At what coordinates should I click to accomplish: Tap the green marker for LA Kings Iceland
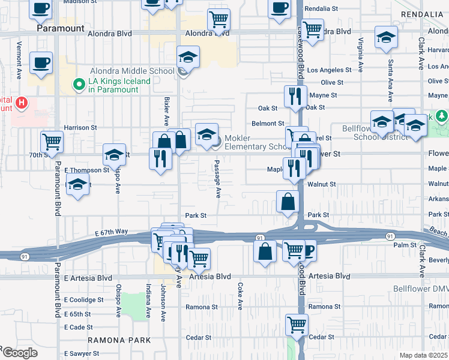click(x=77, y=85)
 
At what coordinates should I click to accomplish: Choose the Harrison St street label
click(x=80, y=128)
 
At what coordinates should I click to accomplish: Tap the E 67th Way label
click(x=112, y=232)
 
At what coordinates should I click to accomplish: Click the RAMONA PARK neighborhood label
click(x=118, y=340)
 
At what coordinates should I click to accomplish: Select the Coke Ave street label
click(x=240, y=296)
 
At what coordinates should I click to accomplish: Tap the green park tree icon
click(x=442, y=115)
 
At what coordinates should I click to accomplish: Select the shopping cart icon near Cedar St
click(x=297, y=325)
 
